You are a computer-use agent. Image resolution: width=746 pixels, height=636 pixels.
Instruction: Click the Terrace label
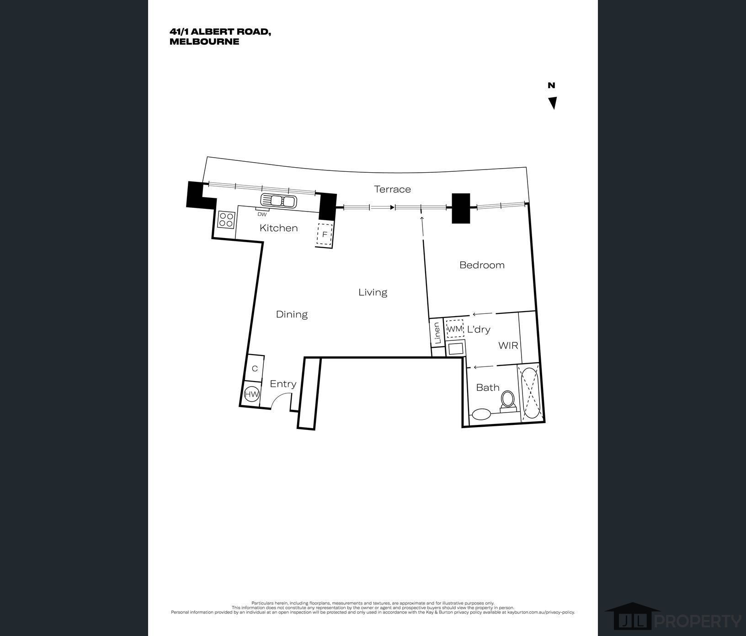[x=392, y=189]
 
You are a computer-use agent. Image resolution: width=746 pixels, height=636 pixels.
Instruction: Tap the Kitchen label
[x=278, y=228]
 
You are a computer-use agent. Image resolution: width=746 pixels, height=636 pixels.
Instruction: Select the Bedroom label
[x=482, y=265]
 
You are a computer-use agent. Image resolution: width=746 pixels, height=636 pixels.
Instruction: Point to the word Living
[x=373, y=292]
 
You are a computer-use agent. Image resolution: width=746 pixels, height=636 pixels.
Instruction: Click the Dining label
[x=292, y=314]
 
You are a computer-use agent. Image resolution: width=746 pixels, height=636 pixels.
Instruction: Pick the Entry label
[x=283, y=384]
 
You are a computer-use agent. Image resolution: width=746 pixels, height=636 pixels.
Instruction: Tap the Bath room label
[x=488, y=387]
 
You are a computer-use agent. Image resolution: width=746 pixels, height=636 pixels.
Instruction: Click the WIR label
[x=508, y=345]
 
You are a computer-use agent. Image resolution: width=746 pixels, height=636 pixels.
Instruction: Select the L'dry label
[x=479, y=329]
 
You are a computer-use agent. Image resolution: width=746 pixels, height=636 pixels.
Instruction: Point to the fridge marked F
[x=325, y=235]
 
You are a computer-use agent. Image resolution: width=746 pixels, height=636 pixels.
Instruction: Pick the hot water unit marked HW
[x=252, y=394]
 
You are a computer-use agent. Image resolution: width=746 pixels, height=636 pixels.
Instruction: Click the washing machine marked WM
[x=455, y=329]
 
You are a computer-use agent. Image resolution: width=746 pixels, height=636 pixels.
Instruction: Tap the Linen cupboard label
[x=437, y=333]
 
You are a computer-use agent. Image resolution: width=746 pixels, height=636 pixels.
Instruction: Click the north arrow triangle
[x=553, y=103]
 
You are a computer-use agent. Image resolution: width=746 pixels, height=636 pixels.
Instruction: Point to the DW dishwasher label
[x=262, y=214]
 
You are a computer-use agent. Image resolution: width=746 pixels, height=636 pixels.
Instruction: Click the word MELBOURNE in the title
[x=204, y=42]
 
